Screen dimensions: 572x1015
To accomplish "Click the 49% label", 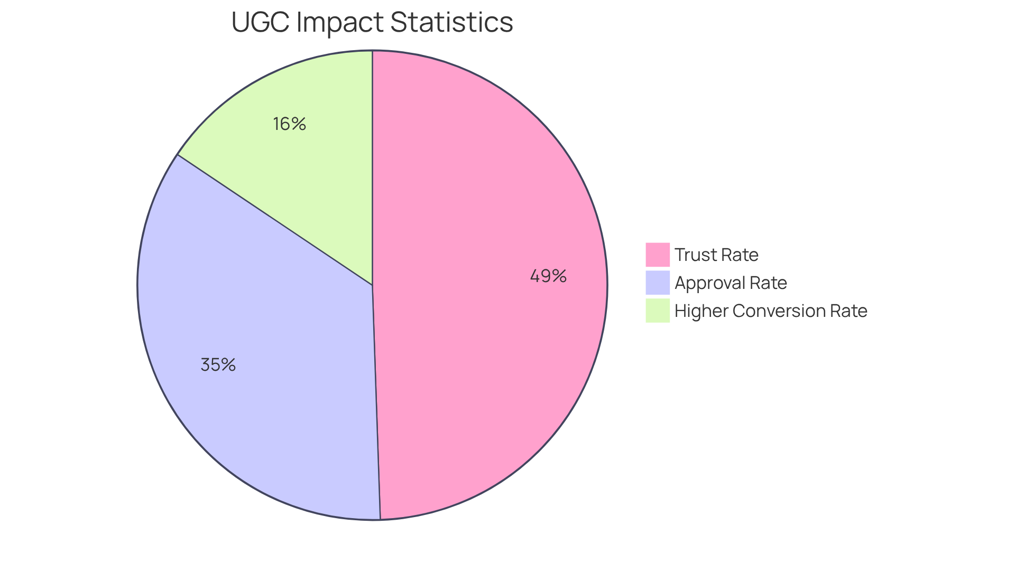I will point(548,276).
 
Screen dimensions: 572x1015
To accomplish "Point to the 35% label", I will point(218,365).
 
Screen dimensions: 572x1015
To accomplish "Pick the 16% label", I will point(289,124).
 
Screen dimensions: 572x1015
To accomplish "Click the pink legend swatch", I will point(657,255).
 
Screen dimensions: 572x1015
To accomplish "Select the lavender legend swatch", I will point(657,283).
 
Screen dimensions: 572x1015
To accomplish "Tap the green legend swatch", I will point(657,311).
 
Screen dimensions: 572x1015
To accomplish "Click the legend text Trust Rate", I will point(716,255).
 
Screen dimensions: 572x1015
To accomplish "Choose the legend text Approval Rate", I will point(731,283).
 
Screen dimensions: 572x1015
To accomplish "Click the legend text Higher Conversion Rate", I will point(771,311).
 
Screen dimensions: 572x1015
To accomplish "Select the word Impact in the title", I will point(340,23).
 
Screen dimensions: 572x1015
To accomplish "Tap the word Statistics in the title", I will point(451,23).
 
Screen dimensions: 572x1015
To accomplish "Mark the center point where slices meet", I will point(372,285).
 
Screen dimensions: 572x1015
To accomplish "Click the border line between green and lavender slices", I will point(275,220).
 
